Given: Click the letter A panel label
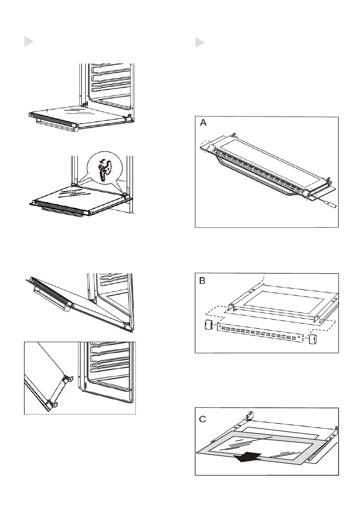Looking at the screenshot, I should tap(204, 123).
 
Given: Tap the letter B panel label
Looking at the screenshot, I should tap(204, 281).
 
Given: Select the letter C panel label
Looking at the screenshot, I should tap(204, 419).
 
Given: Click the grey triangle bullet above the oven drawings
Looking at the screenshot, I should tap(28, 42).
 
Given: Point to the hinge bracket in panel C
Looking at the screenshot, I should tap(250, 416).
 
